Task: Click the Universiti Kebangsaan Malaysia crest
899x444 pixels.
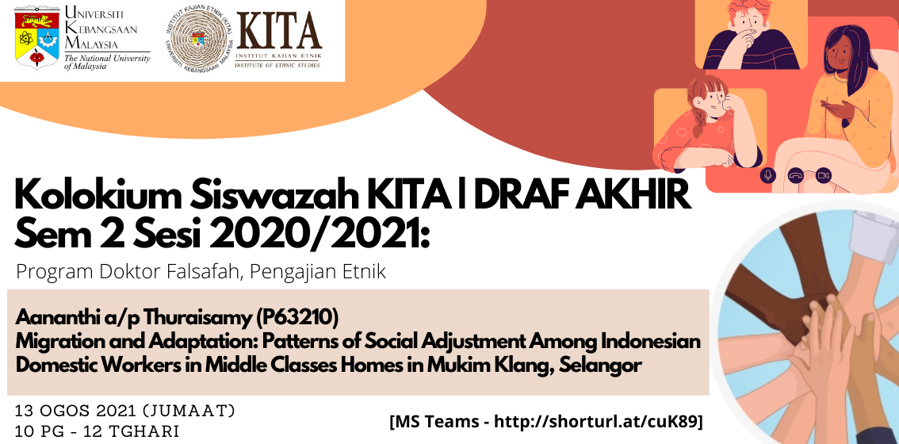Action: coord(36,36)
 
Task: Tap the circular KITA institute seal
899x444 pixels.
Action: coord(198,41)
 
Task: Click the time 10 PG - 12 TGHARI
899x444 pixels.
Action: coord(98,431)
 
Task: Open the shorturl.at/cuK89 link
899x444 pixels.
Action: coord(595,422)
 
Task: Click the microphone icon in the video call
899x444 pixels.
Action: coord(767,175)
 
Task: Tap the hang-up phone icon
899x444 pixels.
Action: coord(796,175)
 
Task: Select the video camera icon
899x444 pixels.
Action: coord(824,175)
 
